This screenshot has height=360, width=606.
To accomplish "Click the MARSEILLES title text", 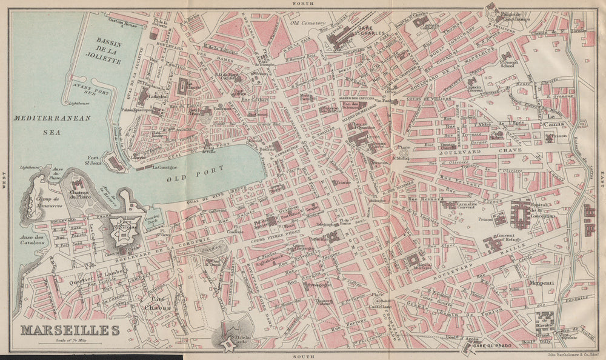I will pos(70,331).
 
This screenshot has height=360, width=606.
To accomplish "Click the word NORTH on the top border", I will pos(301,4).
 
